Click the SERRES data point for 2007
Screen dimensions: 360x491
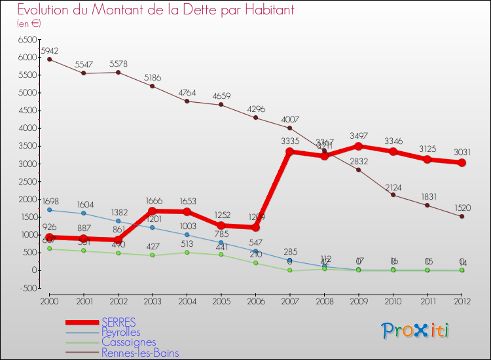[290, 152]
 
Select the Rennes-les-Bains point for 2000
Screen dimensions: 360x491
[49, 60]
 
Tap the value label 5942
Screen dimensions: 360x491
[50, 50]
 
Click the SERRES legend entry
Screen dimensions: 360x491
[118, 322]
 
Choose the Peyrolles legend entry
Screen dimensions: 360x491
[121, 333]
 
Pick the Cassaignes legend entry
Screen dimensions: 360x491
[128, 342]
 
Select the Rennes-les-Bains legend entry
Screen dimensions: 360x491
[140, 353]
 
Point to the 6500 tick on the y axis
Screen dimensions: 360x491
[27, 40]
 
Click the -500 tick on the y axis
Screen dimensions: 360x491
[29, 288]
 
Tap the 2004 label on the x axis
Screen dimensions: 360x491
[187, 301]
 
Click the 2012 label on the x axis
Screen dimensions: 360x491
[462, 301]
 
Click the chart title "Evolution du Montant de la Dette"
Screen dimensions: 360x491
[155, 10]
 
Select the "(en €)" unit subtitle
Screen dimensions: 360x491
[29, 24]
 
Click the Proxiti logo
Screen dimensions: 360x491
[416, 331]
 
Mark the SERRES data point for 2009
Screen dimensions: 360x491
[359, 146]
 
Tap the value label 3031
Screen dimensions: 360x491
[462, 153]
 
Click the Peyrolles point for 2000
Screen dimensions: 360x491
[49, 210]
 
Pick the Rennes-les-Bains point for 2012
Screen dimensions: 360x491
[462, 217]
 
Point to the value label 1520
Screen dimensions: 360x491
[462, 207]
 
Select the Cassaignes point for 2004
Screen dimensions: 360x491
[187, 252]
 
